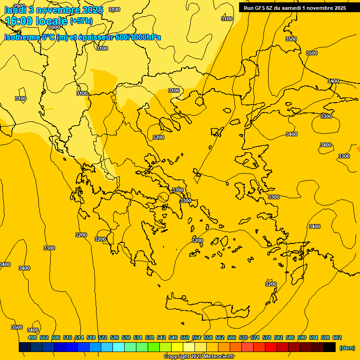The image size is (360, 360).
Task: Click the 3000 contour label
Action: [x=54, y=27]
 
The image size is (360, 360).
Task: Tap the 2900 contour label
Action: [x=19, y=6]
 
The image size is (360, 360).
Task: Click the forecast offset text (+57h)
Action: [x=81, y=21]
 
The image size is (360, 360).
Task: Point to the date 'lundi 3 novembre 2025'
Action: [x=54, y=10]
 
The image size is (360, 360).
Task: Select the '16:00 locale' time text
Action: [x=37, y=21]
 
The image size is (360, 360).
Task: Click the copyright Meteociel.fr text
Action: [x=199, y=356]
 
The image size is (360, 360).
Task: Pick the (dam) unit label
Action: [x=347, y=348]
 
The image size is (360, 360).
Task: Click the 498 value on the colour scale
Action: [x=32, y=337]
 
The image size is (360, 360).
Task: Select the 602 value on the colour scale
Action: [x=337, y=337]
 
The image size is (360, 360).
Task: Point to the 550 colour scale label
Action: [x=185, y=337]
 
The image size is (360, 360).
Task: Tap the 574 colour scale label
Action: [x=255, y=337]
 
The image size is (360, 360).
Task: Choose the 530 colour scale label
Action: [x=126, y=337]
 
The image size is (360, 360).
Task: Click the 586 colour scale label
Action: [x=290, y=337]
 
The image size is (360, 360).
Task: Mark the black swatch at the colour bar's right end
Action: [x=330, y=347]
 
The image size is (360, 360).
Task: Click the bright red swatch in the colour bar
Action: [x=271, y=347]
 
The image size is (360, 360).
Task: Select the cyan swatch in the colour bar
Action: [x=119, y=347]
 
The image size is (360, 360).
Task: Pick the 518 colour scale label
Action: [x=91, y=337]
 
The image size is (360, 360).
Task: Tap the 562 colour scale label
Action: [x=220, y=337]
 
